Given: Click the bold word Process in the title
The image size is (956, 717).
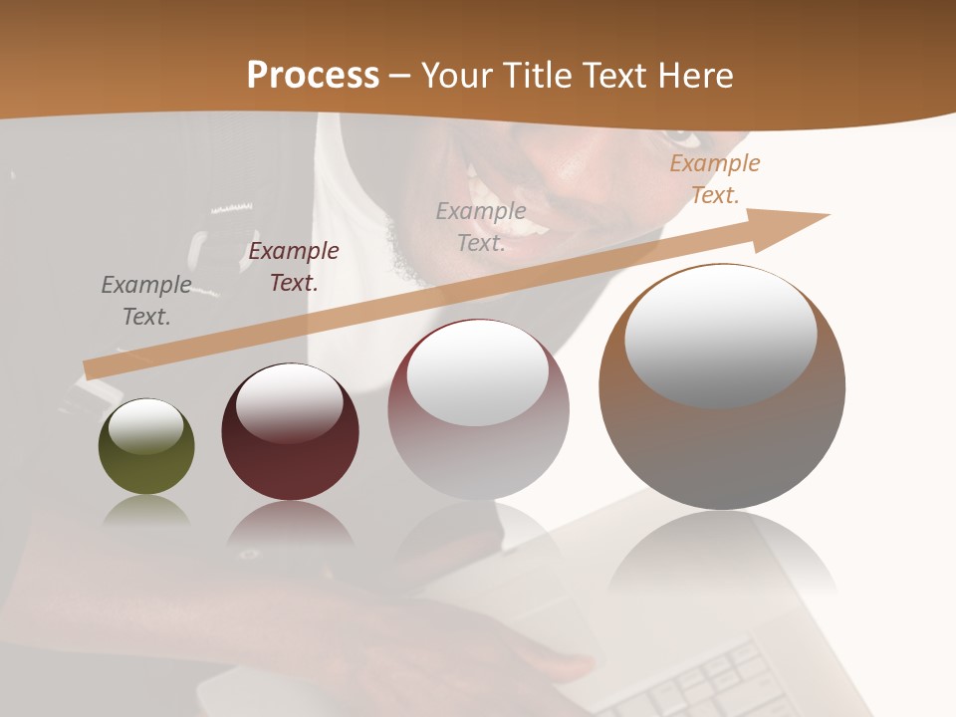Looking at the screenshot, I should pyautogui.click(x=313, y=76).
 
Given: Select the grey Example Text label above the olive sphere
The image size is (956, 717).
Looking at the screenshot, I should pyautogui.click(x=146, y=301).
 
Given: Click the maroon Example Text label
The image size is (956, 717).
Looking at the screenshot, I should pyautogui.click(x=293, y=267).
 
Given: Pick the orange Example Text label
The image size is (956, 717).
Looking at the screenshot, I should pyautogui.click(x=714, y=179).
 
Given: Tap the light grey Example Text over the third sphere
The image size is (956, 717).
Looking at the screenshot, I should pyautogui.click(x=481, y=227).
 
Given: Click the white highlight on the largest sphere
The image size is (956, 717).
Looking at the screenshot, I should pyautogui.click(x=720, y=336).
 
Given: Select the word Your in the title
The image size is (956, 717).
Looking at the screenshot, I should pyautogui.click(x=458, y=76).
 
